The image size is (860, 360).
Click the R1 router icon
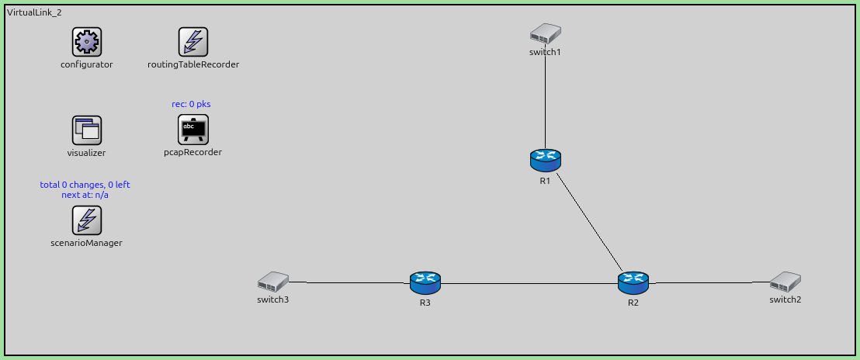click(x=545, y=160)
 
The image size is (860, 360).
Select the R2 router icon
click(x=633, y=282)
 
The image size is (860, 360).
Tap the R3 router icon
click(x=425, y=282)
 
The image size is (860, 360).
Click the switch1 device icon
click(x=545, y=33)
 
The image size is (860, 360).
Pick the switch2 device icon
click(x=785, y=281)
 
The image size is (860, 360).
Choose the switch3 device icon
click(x=272, y=281)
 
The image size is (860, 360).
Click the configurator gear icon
click(x=86, y=42)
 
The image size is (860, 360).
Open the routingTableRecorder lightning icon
click(x=192, y=42)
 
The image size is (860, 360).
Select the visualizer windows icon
click(x=86, y=130)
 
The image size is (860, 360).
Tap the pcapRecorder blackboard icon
click(x=192, y=130)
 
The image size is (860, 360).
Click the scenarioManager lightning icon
click(x=86, y=220)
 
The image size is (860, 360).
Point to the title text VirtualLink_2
click(x=34, y=13)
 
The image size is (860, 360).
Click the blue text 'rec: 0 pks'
click(x=191, y=104)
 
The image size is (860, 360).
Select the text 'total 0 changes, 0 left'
click(x=85, y=185)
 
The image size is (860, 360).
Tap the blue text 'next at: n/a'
click(x=85, y=195)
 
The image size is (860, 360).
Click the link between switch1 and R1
click(x=545, y=101)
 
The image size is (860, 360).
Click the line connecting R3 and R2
click(x=528, y=283)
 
